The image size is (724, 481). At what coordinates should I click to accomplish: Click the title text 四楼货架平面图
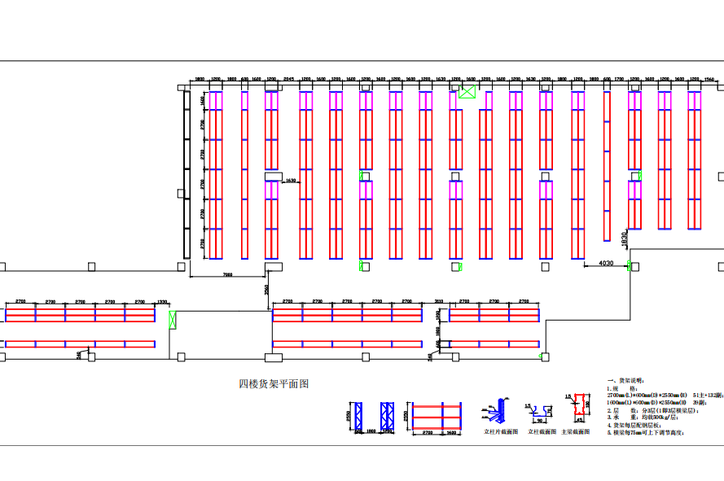274,384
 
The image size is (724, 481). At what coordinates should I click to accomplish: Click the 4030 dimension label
606,263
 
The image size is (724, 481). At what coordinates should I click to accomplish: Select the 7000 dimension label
227,275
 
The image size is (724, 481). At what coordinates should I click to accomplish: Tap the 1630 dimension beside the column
291,181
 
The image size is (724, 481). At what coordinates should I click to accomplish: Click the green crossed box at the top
467,91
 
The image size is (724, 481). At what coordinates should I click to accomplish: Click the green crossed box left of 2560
171,320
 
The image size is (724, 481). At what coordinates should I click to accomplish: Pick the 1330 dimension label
163,301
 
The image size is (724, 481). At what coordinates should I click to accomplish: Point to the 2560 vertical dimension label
266,290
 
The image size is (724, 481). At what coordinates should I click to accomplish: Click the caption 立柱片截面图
501,432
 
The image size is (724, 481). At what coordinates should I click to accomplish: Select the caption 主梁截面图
574,432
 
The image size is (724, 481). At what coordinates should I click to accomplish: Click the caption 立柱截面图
542,432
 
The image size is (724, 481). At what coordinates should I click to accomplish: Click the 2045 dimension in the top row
288,80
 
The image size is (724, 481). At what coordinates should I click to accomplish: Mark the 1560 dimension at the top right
709,80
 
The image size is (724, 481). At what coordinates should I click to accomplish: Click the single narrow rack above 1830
607,166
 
